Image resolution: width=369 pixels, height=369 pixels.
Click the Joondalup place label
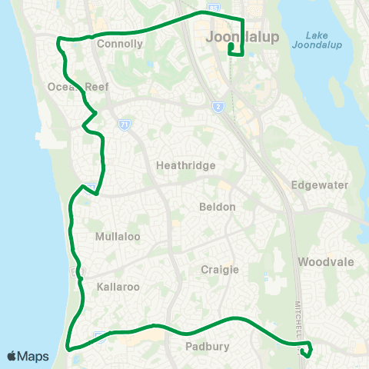[241, 36]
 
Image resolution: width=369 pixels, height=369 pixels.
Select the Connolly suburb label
[121, 44]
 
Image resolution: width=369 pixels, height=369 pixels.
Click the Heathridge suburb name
[185, 165]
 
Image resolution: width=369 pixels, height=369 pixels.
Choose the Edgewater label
[321, 185]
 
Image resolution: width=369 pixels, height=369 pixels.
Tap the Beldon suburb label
[217, 207]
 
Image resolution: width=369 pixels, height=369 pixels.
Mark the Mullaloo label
[117, 237]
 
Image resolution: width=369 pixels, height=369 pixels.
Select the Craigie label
[221, 269]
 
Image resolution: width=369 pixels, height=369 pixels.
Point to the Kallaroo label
[118, 287]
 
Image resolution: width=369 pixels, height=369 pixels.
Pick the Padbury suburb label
[208, 347]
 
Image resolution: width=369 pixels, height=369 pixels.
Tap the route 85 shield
[212, 7]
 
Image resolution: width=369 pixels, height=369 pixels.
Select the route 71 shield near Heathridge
[124, 124]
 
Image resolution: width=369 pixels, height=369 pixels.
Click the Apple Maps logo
[28, 356]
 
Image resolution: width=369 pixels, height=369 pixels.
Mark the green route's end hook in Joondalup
[230, 48]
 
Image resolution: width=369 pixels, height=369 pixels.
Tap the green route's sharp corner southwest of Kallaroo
[68, 344]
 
